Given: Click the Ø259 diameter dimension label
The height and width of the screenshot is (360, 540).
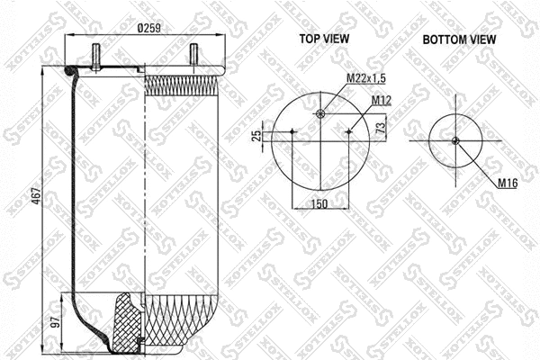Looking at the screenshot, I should coord(148,28).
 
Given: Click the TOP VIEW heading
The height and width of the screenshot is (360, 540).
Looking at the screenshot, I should coord(325,39).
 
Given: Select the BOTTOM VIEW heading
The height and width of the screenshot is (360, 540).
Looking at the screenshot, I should coord(460,39).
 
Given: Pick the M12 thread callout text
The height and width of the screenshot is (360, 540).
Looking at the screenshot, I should coord(381,99).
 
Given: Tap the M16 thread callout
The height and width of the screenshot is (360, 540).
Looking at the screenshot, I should coord(509,183).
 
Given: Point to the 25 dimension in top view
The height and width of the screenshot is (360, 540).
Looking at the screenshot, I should coord(256,135).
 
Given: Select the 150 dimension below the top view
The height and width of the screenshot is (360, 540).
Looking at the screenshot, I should coord(319,205).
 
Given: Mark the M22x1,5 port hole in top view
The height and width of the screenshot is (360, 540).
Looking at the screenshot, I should coord(321,112).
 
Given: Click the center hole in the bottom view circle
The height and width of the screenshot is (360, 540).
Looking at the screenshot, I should coord(455,139).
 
